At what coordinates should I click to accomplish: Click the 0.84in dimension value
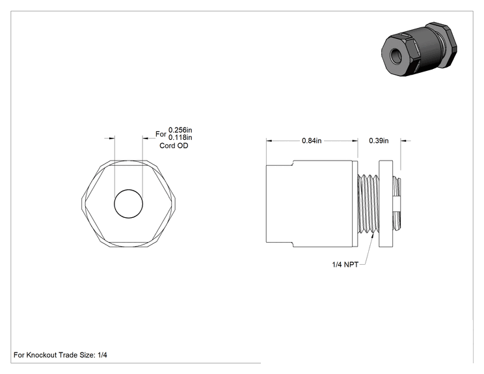(312, 140)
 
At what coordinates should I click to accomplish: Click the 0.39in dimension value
(379, 140)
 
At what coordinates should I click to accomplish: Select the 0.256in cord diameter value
(180, 130)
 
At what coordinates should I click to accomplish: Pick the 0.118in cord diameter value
(180, 137)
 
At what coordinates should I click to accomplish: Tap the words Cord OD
(174, 146)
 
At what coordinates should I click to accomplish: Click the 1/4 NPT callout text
(345, 265)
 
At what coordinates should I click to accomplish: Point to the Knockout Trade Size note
(60, 355)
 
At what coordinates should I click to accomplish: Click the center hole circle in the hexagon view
(128, 189)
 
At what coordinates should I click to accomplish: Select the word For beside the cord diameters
(161, 134)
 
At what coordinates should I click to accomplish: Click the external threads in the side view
(368, 204)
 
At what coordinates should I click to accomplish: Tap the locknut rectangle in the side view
(386, 204)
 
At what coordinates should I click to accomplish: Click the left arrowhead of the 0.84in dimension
(269, 140)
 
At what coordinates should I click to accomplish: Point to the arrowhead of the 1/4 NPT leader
(374, 235)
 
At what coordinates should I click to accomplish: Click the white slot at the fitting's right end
(397, 204)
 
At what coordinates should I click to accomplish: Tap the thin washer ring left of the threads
(355, 204)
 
